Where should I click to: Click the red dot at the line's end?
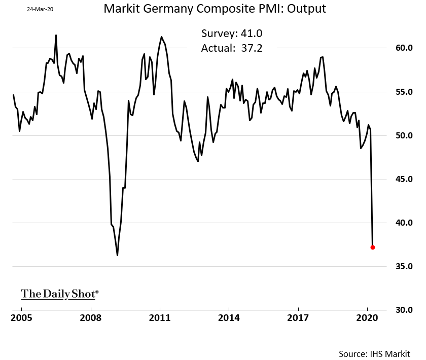coord(373,247)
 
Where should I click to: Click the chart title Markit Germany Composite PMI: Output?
coord(215,9)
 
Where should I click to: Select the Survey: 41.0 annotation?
coord(232,34)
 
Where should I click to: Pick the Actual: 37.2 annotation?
coord(232,48)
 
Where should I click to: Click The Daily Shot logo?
coord(60,294)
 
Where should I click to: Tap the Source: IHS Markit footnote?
coord(375,353)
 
